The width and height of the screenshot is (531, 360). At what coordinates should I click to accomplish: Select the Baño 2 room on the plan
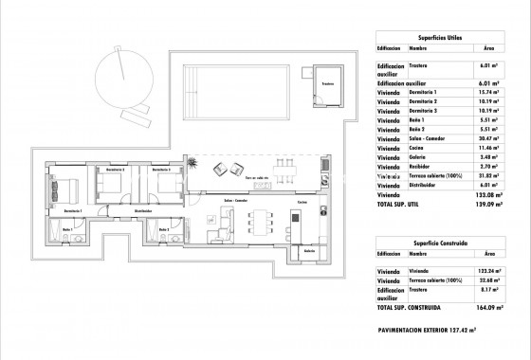point(163,232)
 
